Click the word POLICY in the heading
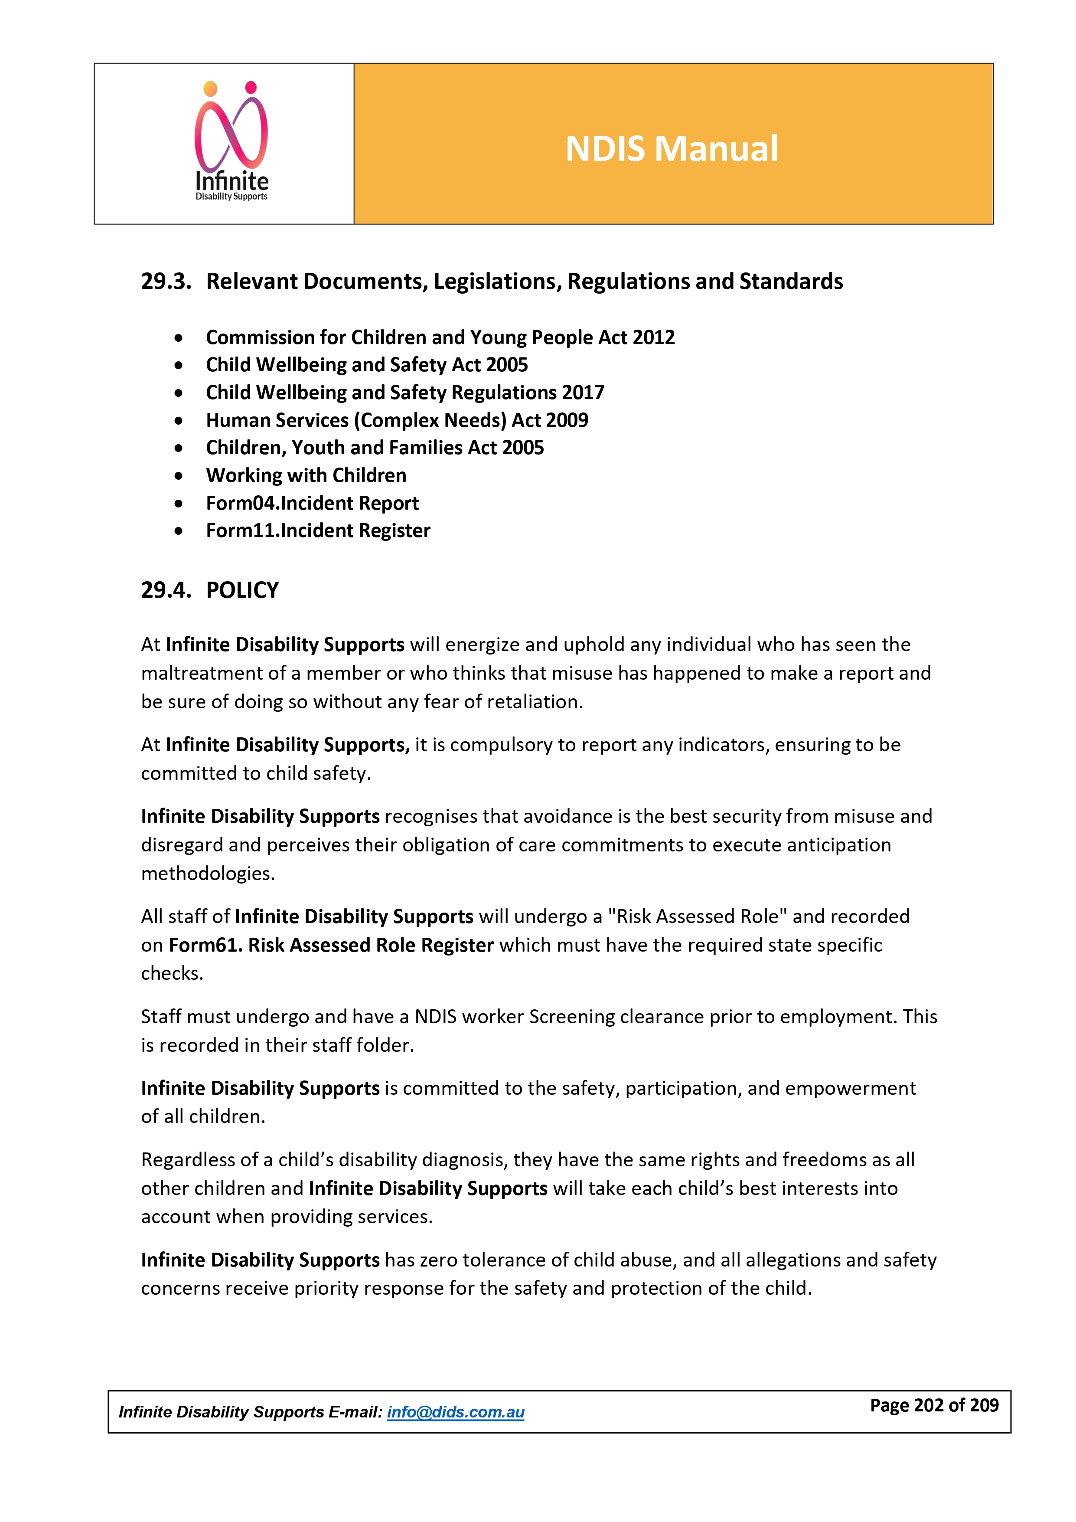242,590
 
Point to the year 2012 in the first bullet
653,337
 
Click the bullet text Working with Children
306,475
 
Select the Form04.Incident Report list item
312,503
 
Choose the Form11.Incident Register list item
318,530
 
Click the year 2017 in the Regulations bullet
582,393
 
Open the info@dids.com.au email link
455,1412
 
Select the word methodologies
207,873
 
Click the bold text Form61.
205,945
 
